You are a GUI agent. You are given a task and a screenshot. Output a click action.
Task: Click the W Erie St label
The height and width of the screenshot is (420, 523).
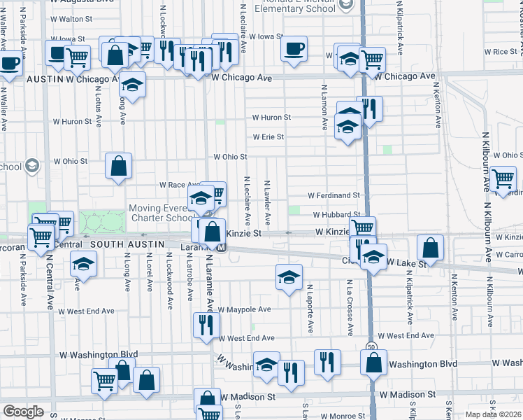[x=268, y=137]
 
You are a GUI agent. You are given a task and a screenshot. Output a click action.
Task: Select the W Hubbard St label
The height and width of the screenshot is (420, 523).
[x=336, y=215]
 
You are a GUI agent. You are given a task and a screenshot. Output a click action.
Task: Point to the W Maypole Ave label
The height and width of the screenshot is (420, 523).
[x=244, y=309]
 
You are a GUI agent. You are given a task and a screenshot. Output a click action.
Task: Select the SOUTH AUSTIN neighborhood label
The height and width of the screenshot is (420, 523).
[x=126, y=244]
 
